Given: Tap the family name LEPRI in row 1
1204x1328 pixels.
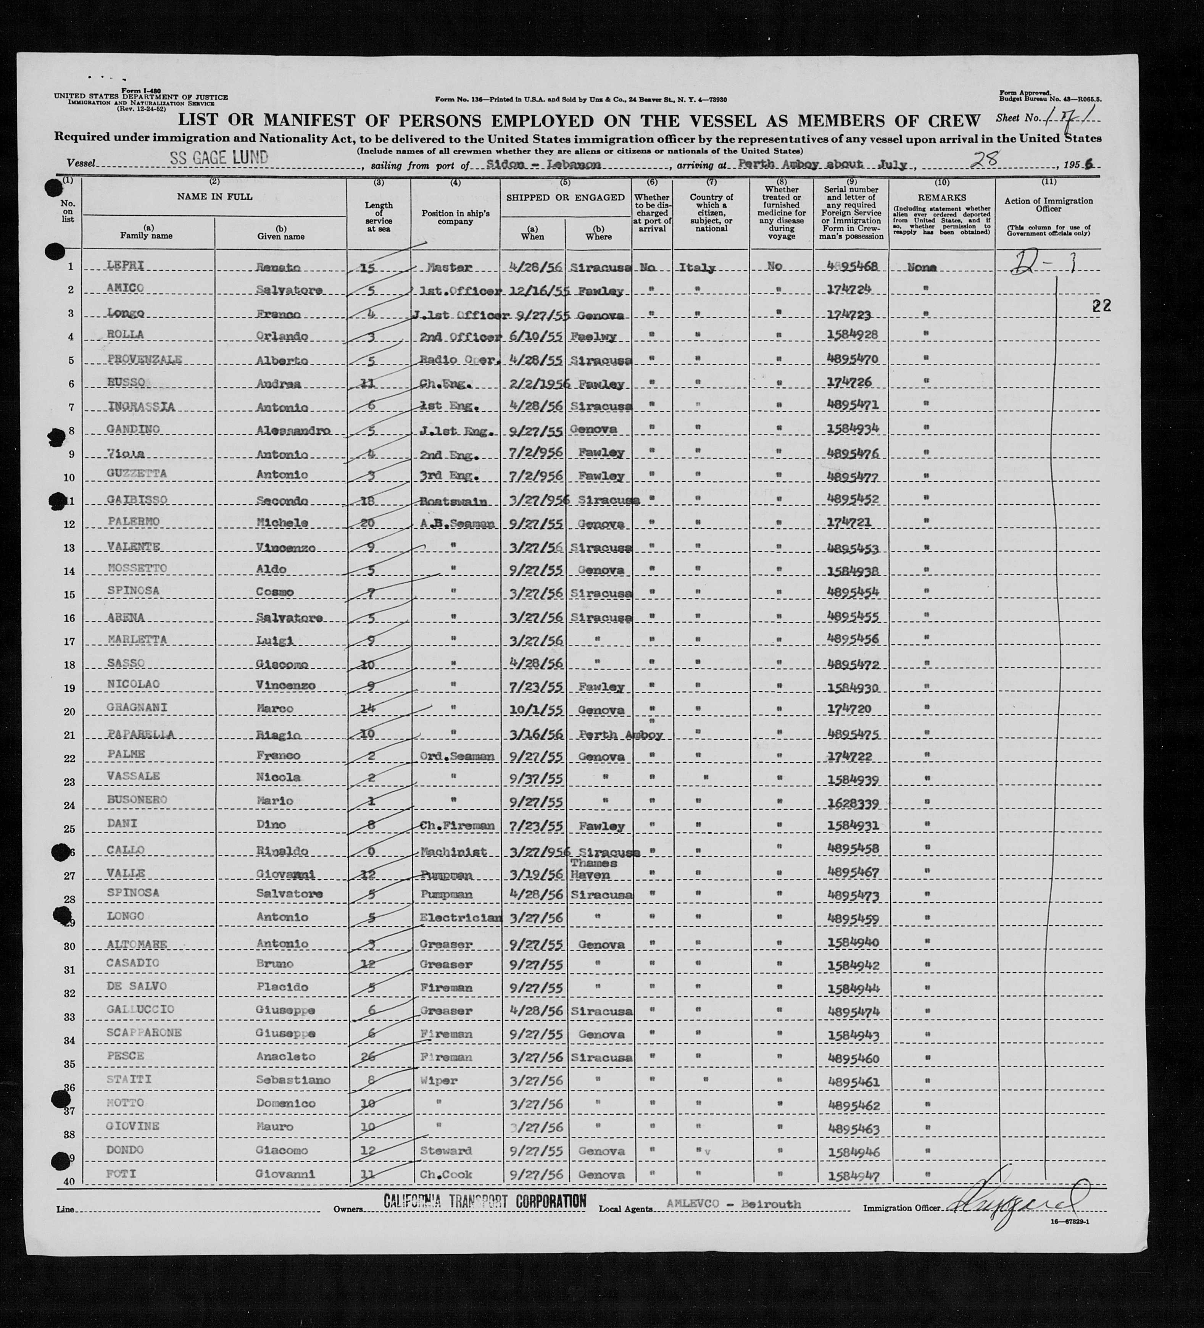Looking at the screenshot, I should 125,265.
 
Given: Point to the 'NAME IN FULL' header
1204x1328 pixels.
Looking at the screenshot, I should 214,196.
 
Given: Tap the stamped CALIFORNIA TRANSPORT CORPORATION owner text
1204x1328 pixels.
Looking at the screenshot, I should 485,1201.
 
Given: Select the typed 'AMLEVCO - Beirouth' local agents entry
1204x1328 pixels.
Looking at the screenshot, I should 733,1204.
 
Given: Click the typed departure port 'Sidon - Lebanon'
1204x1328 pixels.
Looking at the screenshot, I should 553,165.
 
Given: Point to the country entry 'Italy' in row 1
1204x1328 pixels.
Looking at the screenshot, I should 697,268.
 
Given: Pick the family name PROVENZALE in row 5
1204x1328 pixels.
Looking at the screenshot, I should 144,359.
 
